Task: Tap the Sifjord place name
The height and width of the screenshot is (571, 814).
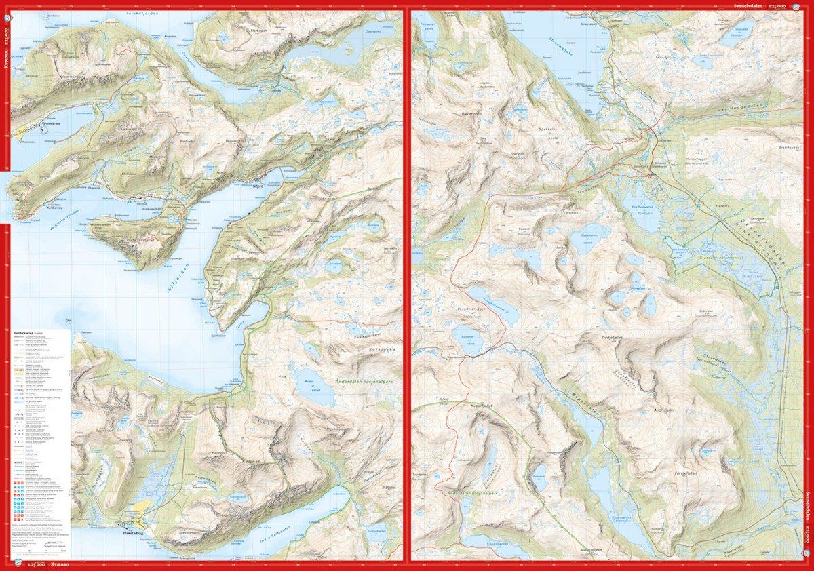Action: point(256,184)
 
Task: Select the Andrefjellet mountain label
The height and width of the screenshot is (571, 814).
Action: point(664,410)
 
